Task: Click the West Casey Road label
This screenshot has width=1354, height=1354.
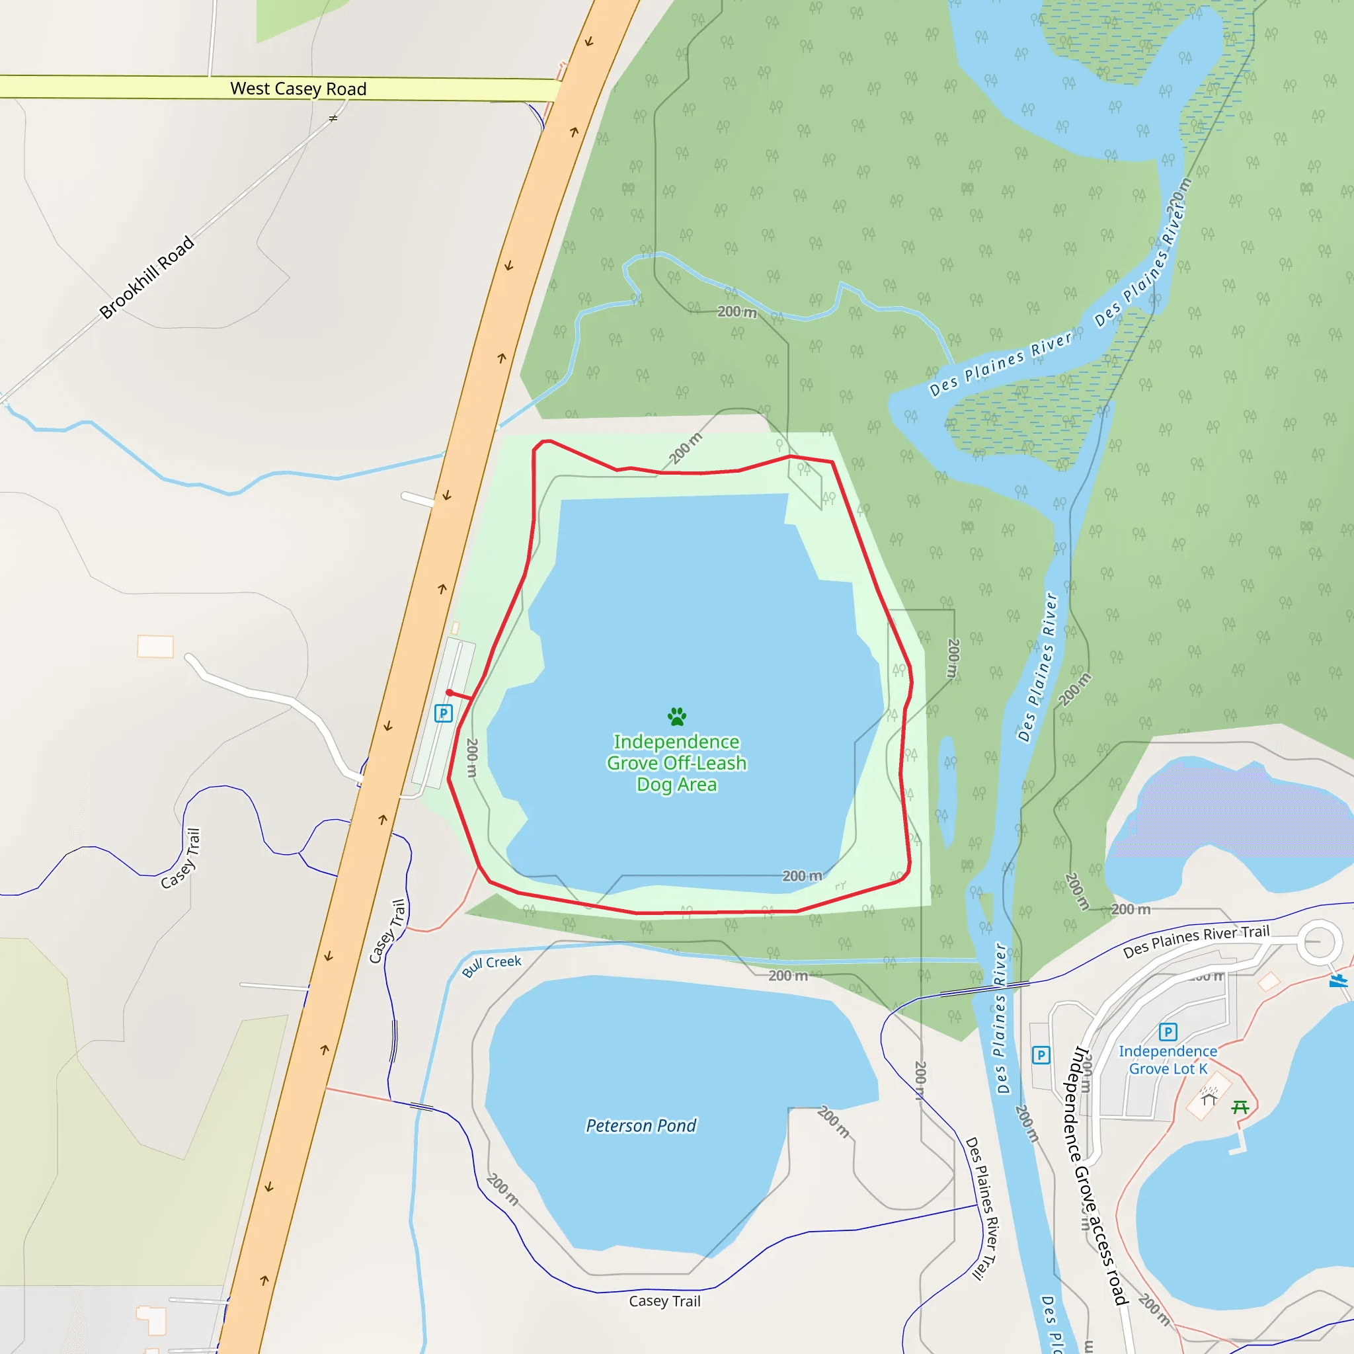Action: click(x=298, y=89)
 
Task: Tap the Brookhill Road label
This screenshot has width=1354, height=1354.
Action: click(x=147, y=277)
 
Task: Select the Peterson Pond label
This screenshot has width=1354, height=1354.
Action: click(x=641, y=1125)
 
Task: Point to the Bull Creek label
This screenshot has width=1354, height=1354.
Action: click(x=491, y=966)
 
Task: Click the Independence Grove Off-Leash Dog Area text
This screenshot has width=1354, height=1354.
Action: click(x=676, y=762)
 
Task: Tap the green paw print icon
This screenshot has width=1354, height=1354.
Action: click(x=676, y=716)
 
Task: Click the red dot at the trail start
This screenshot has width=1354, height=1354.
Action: click(x=449, y=692)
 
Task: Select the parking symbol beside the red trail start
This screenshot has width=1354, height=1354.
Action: click(x=443, y=713)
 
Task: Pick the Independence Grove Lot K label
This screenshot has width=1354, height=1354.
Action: click(x=1168, y=1060)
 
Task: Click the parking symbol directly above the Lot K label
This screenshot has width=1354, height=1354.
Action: click(x=1168, y=1031)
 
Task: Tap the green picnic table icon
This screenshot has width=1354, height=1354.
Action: click(x=1240, y=1107)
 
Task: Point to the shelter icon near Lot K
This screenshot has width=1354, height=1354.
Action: click(x=1209, y=1097)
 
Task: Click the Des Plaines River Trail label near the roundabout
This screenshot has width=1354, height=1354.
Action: click(x=1195, y=941)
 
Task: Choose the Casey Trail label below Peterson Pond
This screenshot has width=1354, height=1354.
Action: click(x=664, y=1301)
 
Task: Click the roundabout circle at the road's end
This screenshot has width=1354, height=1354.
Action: click(x=1319, y=942)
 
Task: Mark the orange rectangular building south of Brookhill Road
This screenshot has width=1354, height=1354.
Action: click(x=155, y=646)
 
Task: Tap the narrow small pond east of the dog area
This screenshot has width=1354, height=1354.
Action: click(x=947, y=792)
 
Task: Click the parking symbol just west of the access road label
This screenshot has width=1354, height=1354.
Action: click(x=1041, y=1055)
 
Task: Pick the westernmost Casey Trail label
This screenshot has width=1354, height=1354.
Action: click(x=180, y=859)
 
